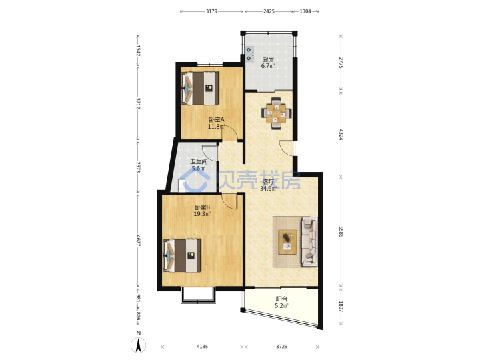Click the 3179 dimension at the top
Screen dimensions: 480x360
point(211,11)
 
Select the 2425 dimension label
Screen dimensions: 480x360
point(269,11)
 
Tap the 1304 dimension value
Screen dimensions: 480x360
point(305,11)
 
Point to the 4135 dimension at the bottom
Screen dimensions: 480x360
point(202,347)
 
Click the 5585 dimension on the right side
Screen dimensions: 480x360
point(341,232)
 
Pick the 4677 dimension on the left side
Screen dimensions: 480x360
point(138,241)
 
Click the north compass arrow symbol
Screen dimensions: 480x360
point(139,345)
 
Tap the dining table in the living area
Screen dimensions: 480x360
point(276,113)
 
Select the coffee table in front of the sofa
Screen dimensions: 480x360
point(287,242)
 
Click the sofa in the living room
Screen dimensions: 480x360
point(309,242)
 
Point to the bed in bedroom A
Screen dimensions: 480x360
point(200,89)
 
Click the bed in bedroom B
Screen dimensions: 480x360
point(182,255)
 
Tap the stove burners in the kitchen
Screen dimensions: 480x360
point(249,53)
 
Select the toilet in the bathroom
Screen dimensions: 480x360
point(182,186)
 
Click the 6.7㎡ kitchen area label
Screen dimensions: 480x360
point(268,66)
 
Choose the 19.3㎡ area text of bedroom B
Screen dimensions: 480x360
point(202,214)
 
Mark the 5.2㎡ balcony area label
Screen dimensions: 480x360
point(281,305)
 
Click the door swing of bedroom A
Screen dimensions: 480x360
point(229,133)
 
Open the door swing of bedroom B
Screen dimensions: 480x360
point(229,201)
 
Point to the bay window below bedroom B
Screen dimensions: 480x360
point(198,295)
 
